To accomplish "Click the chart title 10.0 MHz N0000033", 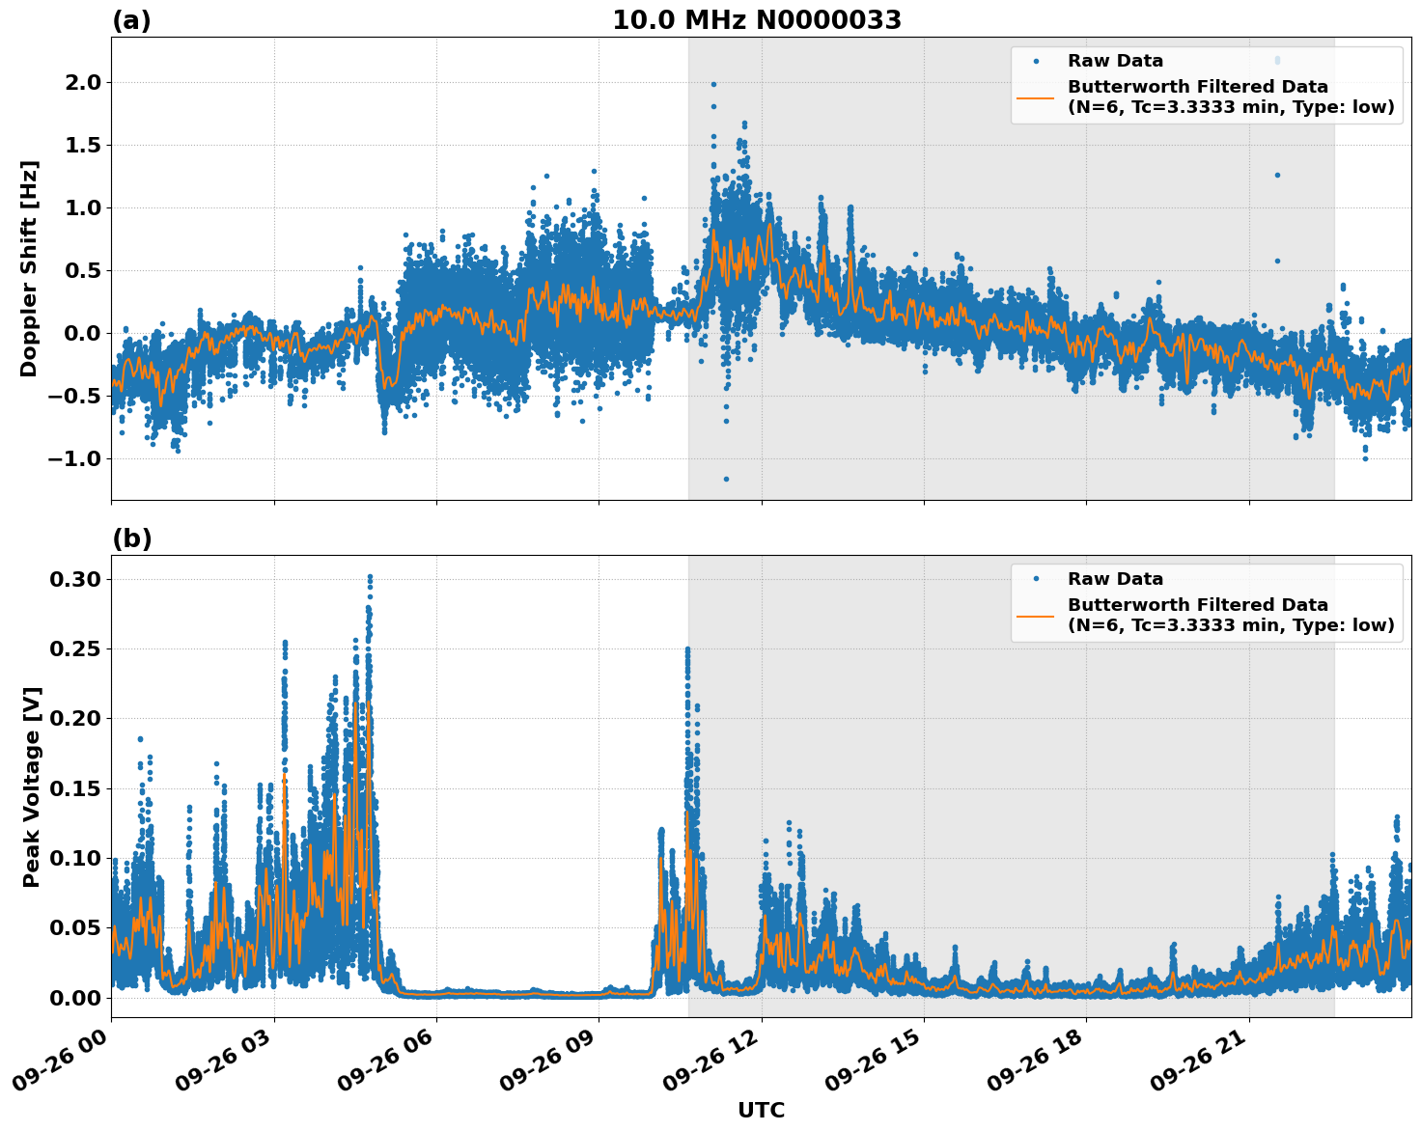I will point(757,20).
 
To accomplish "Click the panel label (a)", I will point(131,20).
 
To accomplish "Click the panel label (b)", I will point(131,538).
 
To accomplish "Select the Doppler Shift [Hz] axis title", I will point(29,268).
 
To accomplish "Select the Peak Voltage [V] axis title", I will point(32,786).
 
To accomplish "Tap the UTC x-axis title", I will point(761,1110).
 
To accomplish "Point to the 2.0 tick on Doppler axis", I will point(81,83).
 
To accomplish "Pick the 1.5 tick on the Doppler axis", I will point(81,146).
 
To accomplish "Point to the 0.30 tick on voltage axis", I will point(75,579).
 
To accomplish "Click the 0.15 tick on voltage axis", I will point(75,788).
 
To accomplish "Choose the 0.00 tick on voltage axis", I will point(75,998).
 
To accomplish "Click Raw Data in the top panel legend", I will point(1115,61).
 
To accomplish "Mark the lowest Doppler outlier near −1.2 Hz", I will point(726,479).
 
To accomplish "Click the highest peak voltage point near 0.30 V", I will point(369,577).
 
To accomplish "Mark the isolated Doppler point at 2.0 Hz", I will point(713,85).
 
